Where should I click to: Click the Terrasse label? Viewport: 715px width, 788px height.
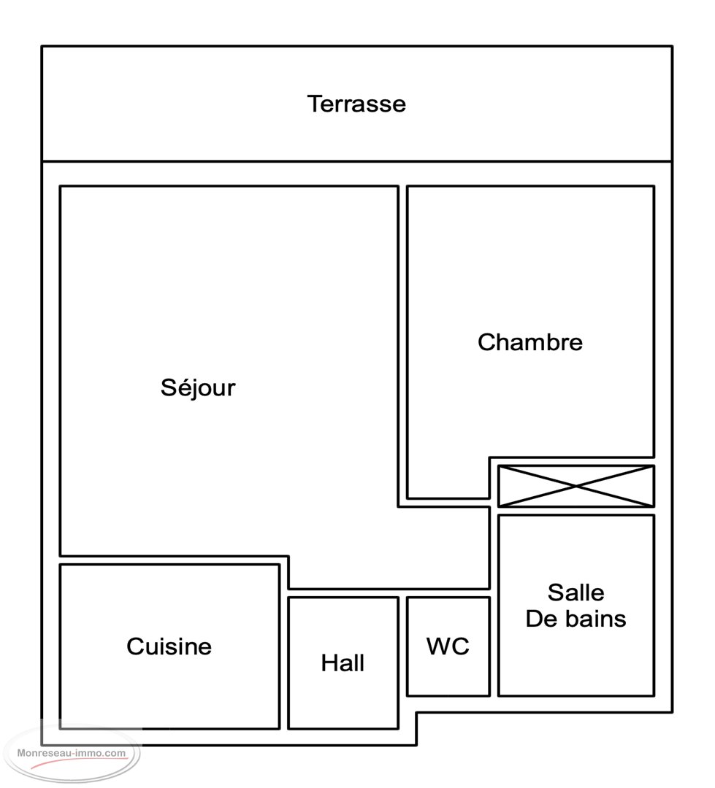[356, 104]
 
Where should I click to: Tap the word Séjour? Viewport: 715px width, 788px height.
[198, 387]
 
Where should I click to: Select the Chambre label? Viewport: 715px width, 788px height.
[529, 342]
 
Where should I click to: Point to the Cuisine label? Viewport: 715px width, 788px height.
[169, 646]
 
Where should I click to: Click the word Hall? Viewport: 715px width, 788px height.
[343, 663]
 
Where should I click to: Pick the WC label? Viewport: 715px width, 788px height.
[448, 646]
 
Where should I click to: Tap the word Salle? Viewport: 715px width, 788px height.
[576, 592]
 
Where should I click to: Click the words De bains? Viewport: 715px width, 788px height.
[576, 619]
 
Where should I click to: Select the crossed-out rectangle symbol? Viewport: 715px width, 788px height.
[576, 486]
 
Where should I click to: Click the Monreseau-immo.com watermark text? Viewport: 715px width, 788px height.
[72, 753]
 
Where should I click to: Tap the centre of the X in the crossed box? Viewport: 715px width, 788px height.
[576, 486]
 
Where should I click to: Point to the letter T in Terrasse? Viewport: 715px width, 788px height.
[316, 104]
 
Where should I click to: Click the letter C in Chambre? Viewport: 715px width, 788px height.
[487, 342]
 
